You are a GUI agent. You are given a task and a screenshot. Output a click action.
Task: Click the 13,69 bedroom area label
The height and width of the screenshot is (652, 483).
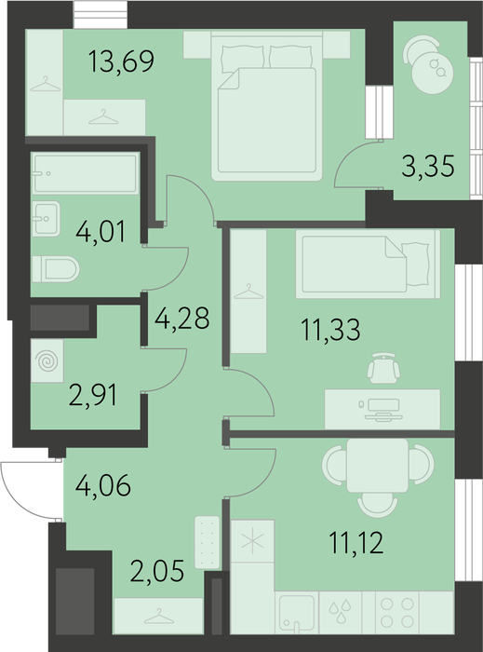121,61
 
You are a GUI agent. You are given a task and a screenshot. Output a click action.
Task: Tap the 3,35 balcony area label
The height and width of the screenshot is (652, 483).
428,166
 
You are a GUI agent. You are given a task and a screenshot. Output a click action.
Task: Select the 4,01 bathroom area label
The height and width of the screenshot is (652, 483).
101,232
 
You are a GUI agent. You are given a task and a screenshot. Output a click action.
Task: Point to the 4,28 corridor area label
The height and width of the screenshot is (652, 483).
181,319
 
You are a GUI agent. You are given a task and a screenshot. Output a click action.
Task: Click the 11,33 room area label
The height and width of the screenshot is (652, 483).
331,330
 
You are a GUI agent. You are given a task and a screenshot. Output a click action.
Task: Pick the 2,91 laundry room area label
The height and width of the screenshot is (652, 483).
93,395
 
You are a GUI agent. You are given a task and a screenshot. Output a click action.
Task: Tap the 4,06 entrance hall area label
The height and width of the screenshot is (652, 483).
103,485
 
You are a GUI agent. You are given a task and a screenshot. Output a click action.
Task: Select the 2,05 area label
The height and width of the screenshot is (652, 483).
157,570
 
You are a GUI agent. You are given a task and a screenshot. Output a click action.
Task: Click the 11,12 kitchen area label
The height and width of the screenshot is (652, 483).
356,543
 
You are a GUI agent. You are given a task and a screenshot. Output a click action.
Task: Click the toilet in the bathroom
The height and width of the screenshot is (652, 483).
56,269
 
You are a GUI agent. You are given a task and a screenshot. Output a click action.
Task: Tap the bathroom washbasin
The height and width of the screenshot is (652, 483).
47,219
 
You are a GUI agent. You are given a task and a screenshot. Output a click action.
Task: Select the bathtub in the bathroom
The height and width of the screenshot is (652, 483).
85,173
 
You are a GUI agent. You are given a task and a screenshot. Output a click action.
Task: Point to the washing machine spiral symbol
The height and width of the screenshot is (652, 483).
47,360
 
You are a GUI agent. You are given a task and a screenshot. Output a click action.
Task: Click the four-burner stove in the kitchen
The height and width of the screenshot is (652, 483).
397,613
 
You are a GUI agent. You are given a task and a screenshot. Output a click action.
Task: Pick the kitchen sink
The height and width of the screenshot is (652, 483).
297,613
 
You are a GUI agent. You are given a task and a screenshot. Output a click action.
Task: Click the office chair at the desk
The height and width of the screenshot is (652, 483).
383,368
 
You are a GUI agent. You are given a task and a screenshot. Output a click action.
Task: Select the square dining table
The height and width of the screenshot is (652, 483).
378,466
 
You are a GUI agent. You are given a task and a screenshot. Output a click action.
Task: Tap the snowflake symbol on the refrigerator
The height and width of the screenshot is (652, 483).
252,541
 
